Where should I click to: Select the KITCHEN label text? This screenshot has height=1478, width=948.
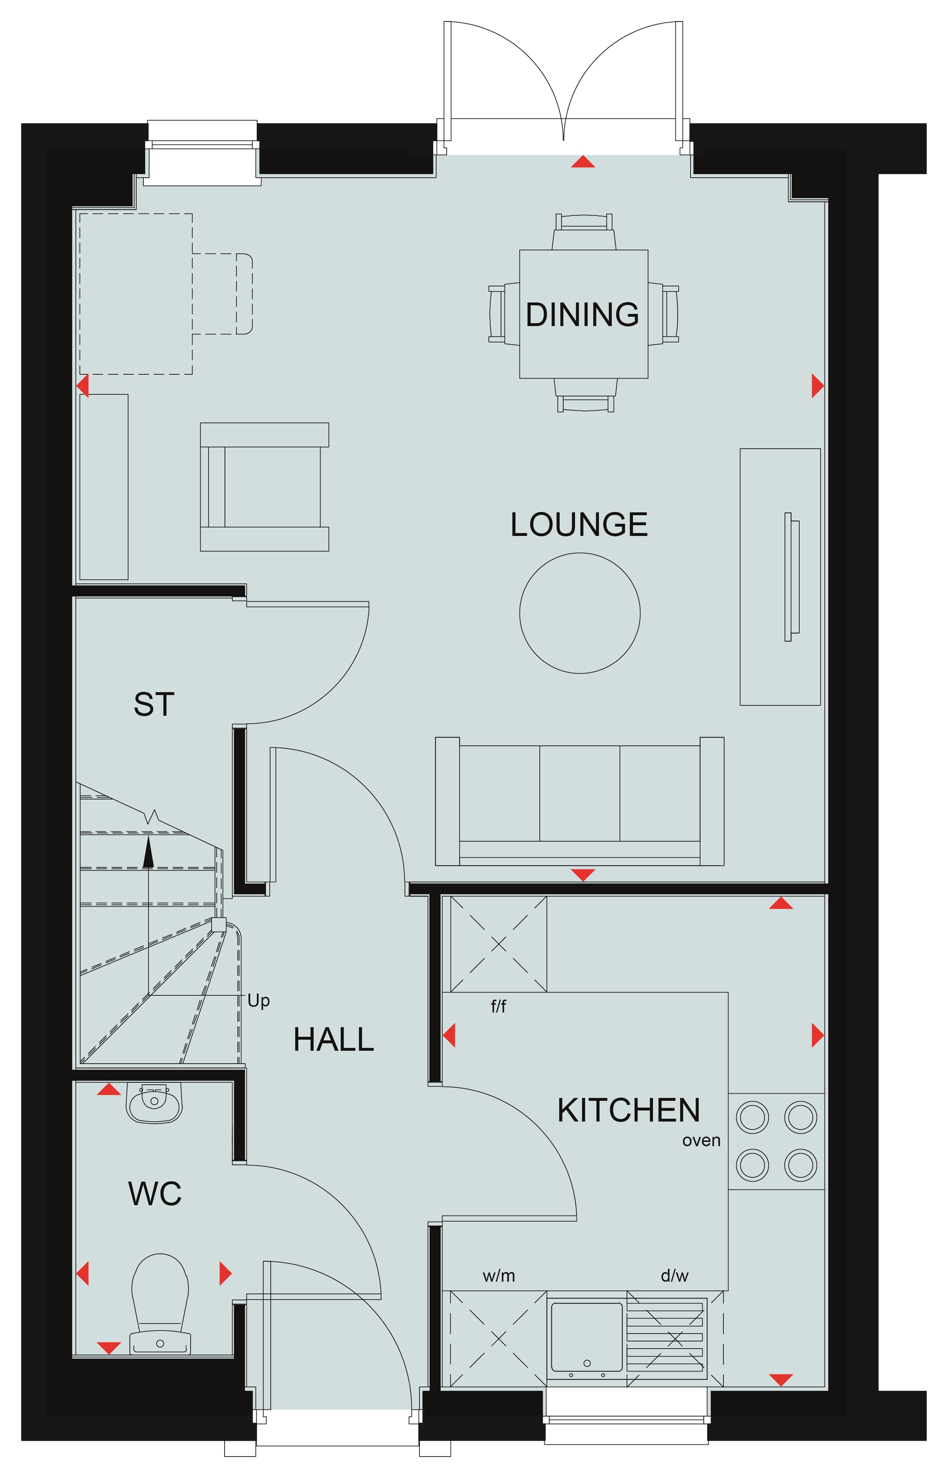[x=629, y=1111]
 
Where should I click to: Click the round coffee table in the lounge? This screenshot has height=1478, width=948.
[x=580, y=613]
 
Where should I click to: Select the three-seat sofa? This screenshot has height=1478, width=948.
[x=579, y=801]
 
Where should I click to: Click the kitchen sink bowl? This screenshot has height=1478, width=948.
[x=586, y=1337]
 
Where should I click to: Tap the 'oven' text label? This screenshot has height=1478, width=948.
[x=701, y=1141]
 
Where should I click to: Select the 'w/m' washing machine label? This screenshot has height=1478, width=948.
[x=498, y=1276]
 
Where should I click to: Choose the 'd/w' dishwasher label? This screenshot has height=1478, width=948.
[x=675, y=1276]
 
